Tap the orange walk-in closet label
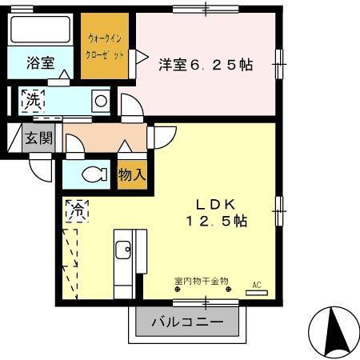tap(105, 46)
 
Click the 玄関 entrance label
tap(38, 137)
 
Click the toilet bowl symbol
tap(94, 174)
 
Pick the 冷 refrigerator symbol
tap(77, 210)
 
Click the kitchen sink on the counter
tap(125, 250)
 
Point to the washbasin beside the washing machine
tap(100, 101)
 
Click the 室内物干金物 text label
tap(201, 281)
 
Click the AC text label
tap(257, 284)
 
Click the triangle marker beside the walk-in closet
tap(140, 56)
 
